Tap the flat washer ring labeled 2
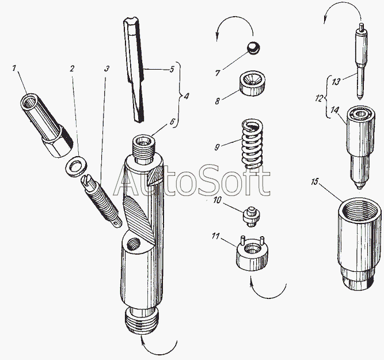pos(76,166)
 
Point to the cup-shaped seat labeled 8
pos(252,85)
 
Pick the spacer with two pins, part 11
pos(252,253)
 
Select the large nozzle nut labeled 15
pos(359,244)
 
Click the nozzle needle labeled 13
pos(361,61)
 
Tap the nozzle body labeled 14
pos(360,147)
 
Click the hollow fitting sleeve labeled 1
pos(46,125)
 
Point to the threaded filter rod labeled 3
pos(101,201)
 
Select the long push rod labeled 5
pos(134,70)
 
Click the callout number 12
pos(319,98)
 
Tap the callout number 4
pos(187,96)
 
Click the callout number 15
pos(315,182)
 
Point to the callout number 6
pos(172,122)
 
